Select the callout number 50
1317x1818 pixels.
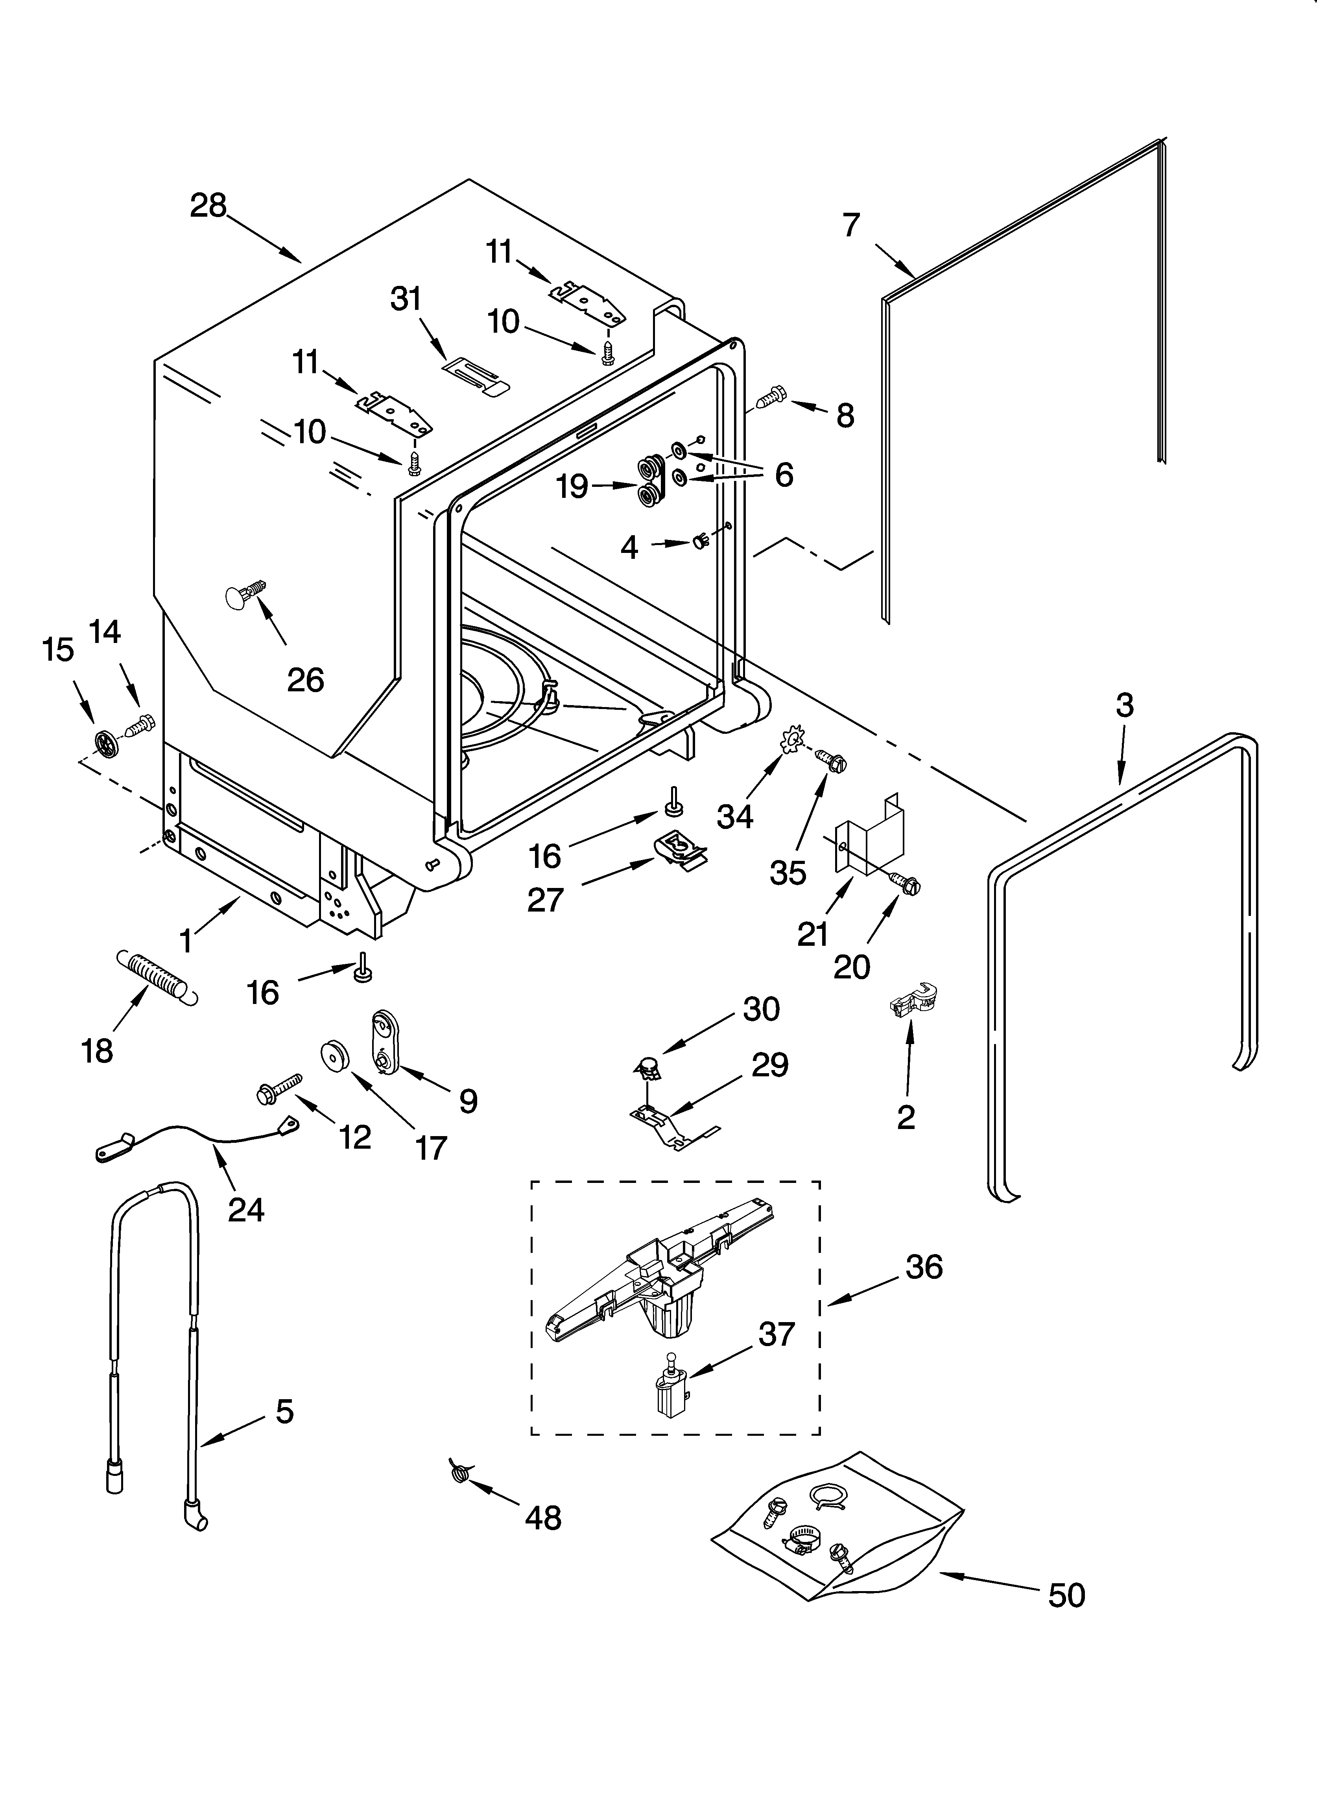click(x=1067, y=1595)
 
